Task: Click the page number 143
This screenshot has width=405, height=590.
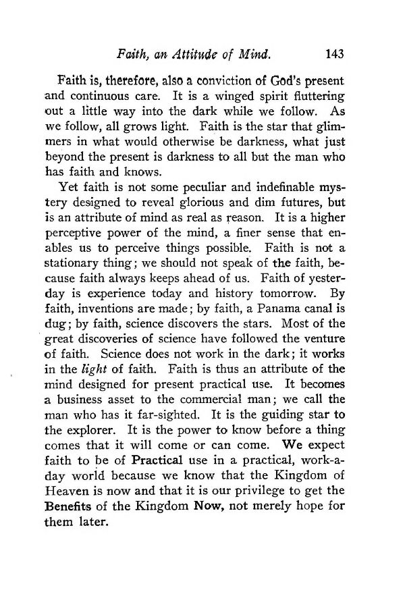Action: [335, 53]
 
